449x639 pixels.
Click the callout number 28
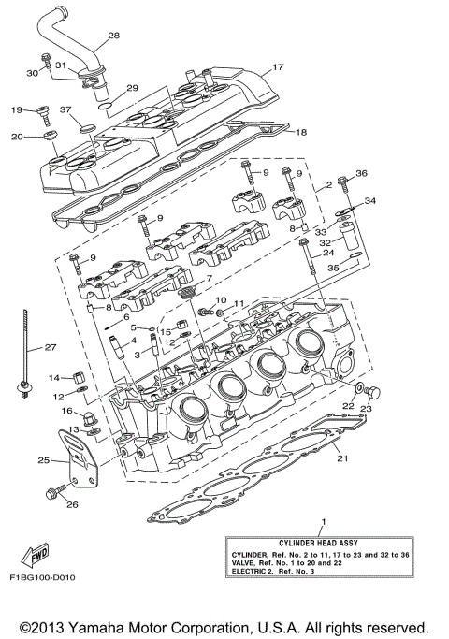[114, 36]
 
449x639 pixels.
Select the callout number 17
[278, 67]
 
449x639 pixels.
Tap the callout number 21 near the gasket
[342, 458]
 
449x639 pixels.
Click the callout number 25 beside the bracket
[43, 460]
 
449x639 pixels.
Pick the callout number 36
[362, 173]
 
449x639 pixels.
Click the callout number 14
[54, 377]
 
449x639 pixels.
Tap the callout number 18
[301, 133]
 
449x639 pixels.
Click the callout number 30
[32, 73]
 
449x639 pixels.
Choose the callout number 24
[328, 253]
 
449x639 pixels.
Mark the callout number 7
[210, 279]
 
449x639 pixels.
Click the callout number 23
[367, 408]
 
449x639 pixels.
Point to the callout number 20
[17, 138]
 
